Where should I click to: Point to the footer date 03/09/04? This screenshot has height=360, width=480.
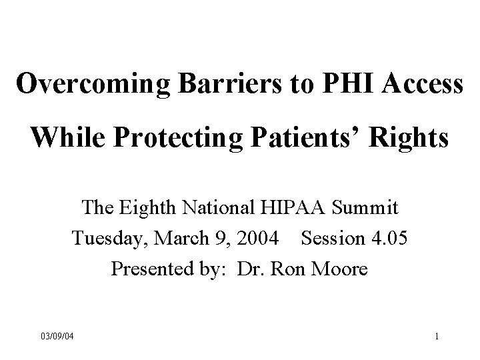(x=57, y=335)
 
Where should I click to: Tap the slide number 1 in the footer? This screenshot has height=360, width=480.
(x=436, y=335)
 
